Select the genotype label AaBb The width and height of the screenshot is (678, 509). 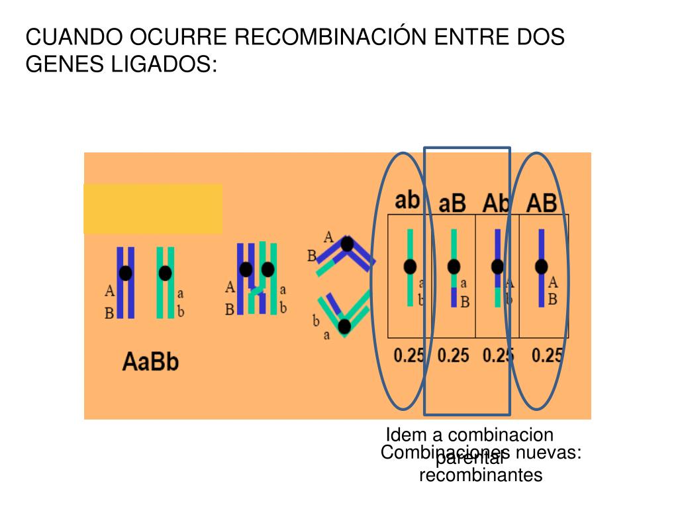[x=151, y=362]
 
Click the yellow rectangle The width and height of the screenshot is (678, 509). [x=153, y=209]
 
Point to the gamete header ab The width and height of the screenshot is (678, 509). [x=408, y=199]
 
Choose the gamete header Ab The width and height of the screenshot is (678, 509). [x=497, y=202]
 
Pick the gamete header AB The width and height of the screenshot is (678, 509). [x=542, y=203]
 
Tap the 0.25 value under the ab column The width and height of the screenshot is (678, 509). [x=409, y=356]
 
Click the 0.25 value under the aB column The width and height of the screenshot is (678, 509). [x=454, y=356]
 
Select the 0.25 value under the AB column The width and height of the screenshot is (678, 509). [x=547, y=356]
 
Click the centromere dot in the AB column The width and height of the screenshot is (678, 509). [x=542, y=266]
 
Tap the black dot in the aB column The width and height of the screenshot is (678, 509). [x=454, y=266]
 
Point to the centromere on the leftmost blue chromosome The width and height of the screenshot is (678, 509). [x=125, y=273]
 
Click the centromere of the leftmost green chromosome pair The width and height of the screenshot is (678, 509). [x=166, y=273]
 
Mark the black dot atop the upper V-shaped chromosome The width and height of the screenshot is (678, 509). [x=347, y=244]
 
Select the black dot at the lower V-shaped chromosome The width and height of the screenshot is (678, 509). [x=344, y=326]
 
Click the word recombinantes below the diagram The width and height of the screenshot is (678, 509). [x=481, y=475]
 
